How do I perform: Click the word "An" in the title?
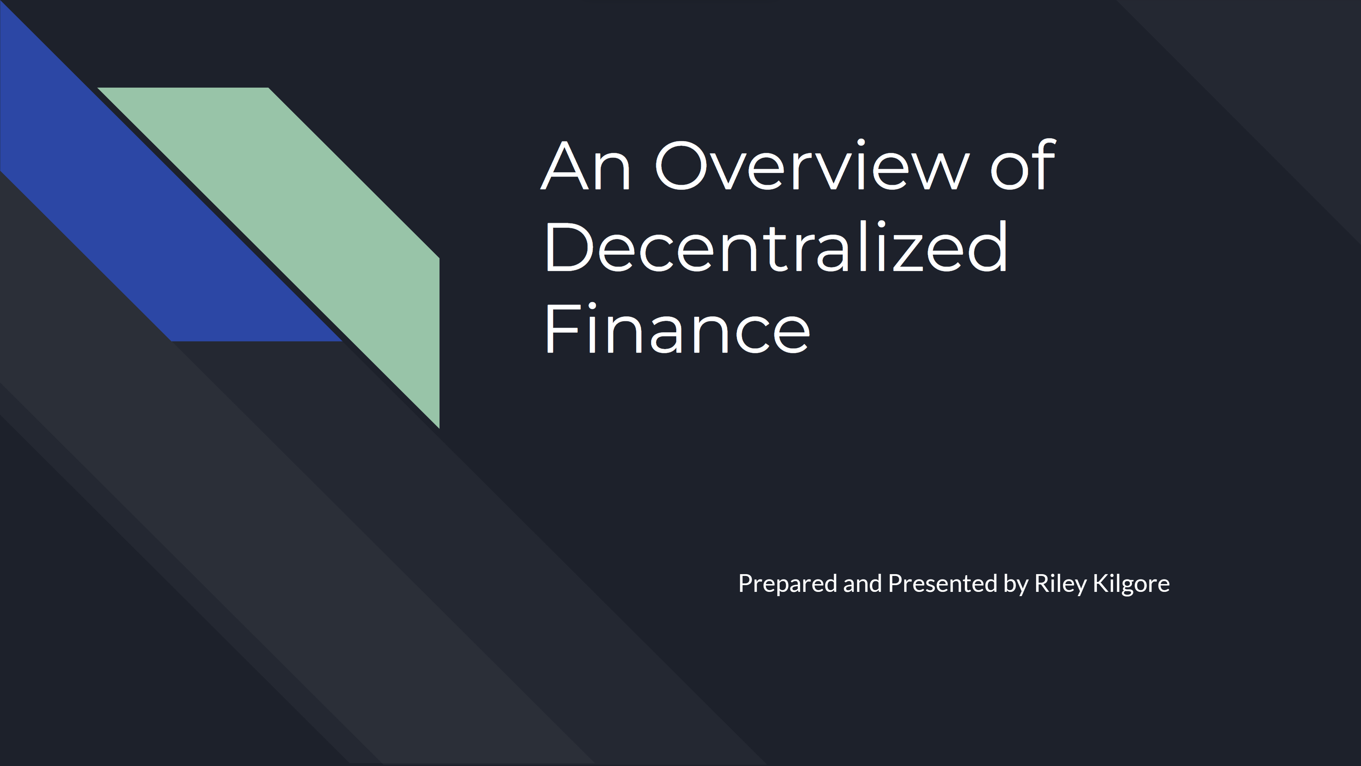pyautogui.click(x=586, y=166)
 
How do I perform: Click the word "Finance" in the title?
pyautogui.click(x=677, y=328)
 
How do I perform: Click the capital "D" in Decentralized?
pyautogui.click(x=568, y=247)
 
